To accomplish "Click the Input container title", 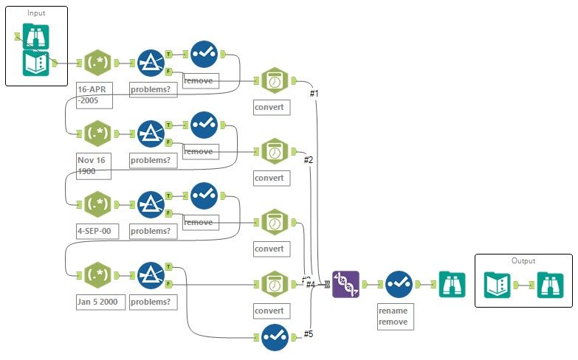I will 35,13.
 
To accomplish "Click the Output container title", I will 523,260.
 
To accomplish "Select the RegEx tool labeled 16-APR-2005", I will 97,62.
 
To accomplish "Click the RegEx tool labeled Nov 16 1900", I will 97,134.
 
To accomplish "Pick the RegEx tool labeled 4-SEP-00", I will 97,204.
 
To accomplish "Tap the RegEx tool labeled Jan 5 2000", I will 97,274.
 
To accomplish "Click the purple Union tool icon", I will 345,283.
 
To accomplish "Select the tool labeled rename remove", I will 397,283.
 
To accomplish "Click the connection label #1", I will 314,94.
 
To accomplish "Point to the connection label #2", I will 309,159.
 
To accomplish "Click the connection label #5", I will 309,334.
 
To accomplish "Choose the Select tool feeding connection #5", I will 275,337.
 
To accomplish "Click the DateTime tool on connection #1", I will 274,80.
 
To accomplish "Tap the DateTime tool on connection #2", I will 274,151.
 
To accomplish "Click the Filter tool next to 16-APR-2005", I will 151,62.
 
